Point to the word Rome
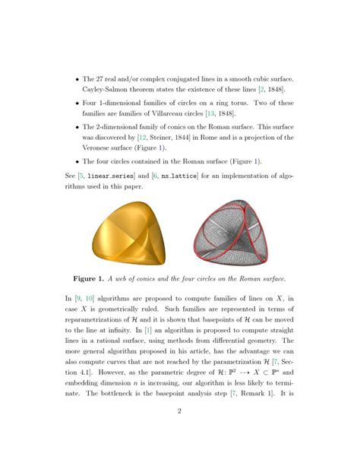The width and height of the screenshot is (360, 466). (x=226, y=138)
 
